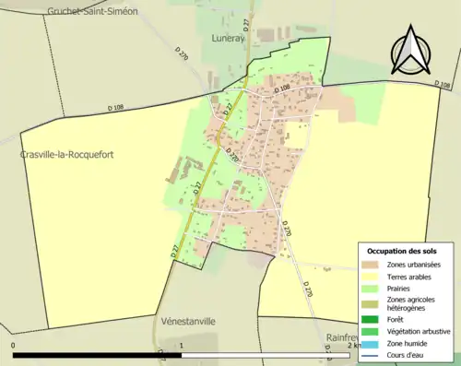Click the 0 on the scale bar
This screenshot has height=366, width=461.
click(x=13, y=346)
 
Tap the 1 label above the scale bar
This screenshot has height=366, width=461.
click(x=182, y=346)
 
